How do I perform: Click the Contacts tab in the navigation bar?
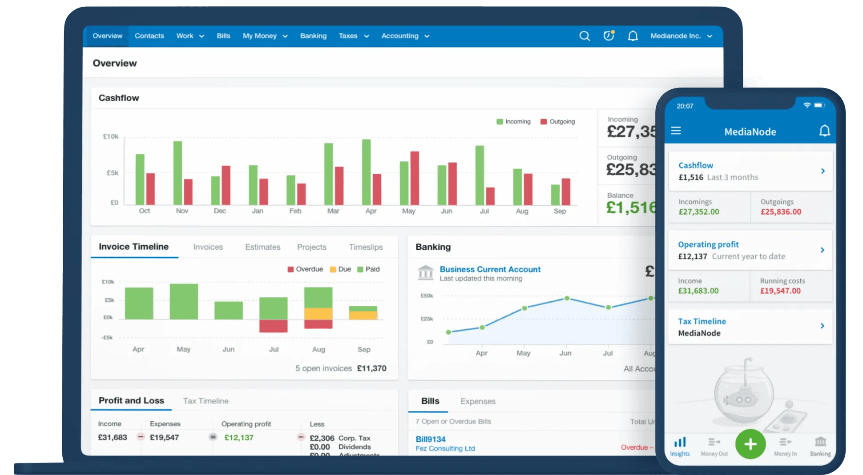point(149,36)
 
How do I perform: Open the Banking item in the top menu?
point(313,36)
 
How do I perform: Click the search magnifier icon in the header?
point(585,36)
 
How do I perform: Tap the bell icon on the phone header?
point(824,131)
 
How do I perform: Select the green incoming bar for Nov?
point(177,172)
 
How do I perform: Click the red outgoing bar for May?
point(415,178)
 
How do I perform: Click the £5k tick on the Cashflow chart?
point(112,173)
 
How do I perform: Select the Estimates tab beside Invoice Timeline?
point(262,247)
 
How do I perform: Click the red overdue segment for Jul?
point(273,326)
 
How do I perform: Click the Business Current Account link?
point(490,269)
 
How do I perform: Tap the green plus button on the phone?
point(750,444)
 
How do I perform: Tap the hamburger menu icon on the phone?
point(676,131)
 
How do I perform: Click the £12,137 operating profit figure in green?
point(239,438)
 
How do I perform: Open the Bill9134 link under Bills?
point(430,439)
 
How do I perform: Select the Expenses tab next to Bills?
point(477,401)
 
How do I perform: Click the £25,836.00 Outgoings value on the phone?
point(781,212)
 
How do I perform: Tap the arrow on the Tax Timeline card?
point(822,326)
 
